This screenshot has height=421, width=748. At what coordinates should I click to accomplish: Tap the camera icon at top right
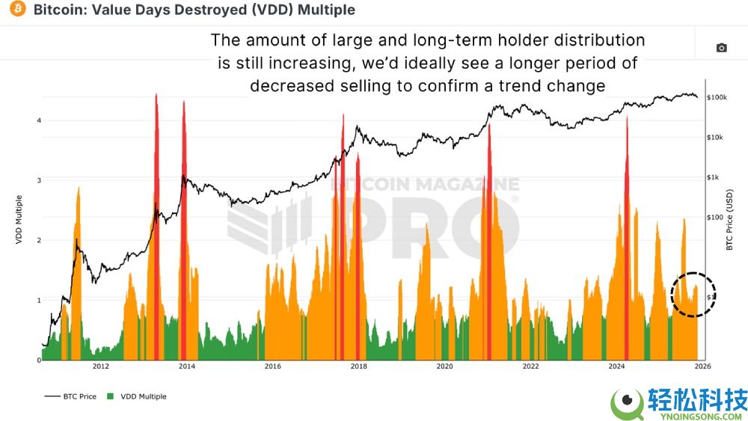coord(721,48)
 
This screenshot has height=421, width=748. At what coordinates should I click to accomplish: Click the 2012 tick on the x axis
coord(101,366)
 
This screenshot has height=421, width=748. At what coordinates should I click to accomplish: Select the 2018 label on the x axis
coord(359,366)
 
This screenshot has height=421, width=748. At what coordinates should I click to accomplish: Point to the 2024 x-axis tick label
coord(617,366)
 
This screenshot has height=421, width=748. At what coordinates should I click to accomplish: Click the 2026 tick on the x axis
coord(702,366)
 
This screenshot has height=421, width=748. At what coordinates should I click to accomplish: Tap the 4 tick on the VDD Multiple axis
coord(38,120)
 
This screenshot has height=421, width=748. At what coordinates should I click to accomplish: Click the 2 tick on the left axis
coord(38,240)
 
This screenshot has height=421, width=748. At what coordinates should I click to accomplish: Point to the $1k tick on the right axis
coord(716,177)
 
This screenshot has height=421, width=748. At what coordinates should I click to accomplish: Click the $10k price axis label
coord(717,138)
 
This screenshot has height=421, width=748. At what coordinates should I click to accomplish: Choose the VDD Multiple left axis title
coord(19,220)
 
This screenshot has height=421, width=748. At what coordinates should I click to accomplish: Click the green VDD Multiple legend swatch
coord(112,396)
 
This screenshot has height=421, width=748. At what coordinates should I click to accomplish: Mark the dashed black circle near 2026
coord(694,295)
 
